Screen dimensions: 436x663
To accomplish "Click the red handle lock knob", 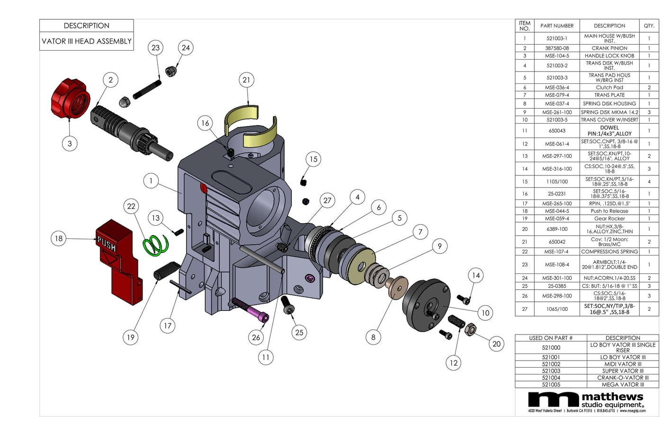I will [x=70, y=100].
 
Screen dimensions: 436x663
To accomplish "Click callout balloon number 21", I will [x=246, y=80].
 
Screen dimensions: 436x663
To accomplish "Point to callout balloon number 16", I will [x=205, y=123].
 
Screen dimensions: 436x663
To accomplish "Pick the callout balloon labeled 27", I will [x=327, y=200].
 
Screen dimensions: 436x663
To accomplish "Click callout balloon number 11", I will [x=266, y=357].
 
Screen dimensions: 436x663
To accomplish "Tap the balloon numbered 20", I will [x=496, y=344].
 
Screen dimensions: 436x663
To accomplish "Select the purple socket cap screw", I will [x=250, y=309].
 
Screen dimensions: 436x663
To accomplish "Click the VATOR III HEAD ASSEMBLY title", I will [x=87, y=41].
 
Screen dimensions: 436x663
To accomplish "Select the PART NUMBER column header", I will [x=557, y=26].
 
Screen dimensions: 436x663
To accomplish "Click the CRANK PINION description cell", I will [x=609, y=48].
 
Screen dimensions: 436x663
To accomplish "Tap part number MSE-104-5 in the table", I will [x=557, y=55].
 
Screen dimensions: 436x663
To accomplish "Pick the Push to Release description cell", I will [x=609, y=211].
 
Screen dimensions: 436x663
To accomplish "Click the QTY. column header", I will [x=649, y=26].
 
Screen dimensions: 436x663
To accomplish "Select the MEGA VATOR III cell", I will [x=623, y=384].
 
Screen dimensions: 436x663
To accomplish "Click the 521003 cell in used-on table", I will [x=551, y=371].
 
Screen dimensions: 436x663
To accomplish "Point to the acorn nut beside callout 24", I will [x=170, y=71].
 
